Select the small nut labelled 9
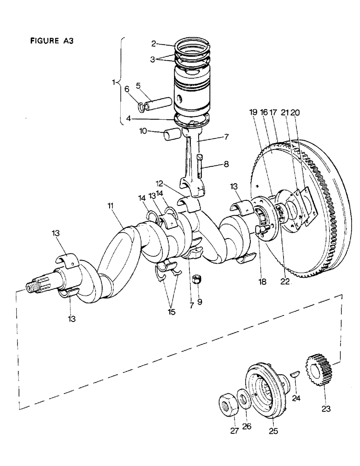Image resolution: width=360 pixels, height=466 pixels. [x=196, y=281]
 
